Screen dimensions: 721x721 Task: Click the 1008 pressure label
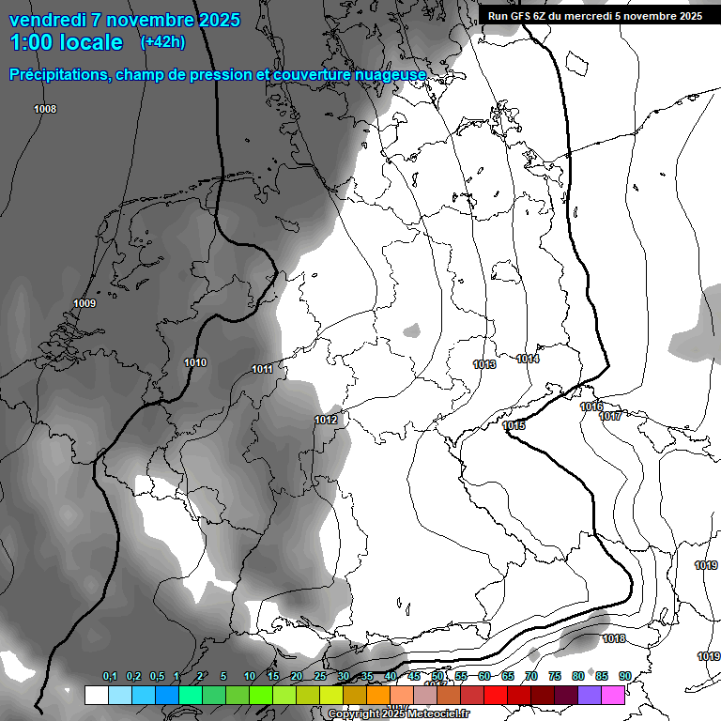pos(45,110)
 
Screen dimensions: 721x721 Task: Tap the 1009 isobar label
pos(84,303)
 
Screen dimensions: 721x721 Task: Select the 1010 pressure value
pos(195,362)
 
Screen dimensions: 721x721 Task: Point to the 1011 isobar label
pos(262,369)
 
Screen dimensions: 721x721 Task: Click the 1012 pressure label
pos(326,420)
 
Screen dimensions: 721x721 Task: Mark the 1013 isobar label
pos(484,364)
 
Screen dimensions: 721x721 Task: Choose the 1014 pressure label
pos(528,359)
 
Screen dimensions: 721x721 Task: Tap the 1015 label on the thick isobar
pos(513,425)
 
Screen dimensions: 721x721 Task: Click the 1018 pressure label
pos(614,638)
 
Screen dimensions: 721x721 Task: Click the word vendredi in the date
pos(48,20)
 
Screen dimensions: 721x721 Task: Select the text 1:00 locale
pos(67,42)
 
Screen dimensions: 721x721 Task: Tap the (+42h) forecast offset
pos(162,42)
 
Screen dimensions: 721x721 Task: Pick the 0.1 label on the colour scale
pos(110,676)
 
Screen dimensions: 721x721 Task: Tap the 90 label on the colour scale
pos(624,676)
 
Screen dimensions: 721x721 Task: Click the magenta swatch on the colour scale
pos(613,695)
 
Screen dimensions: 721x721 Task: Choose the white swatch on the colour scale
pos(96,695)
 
